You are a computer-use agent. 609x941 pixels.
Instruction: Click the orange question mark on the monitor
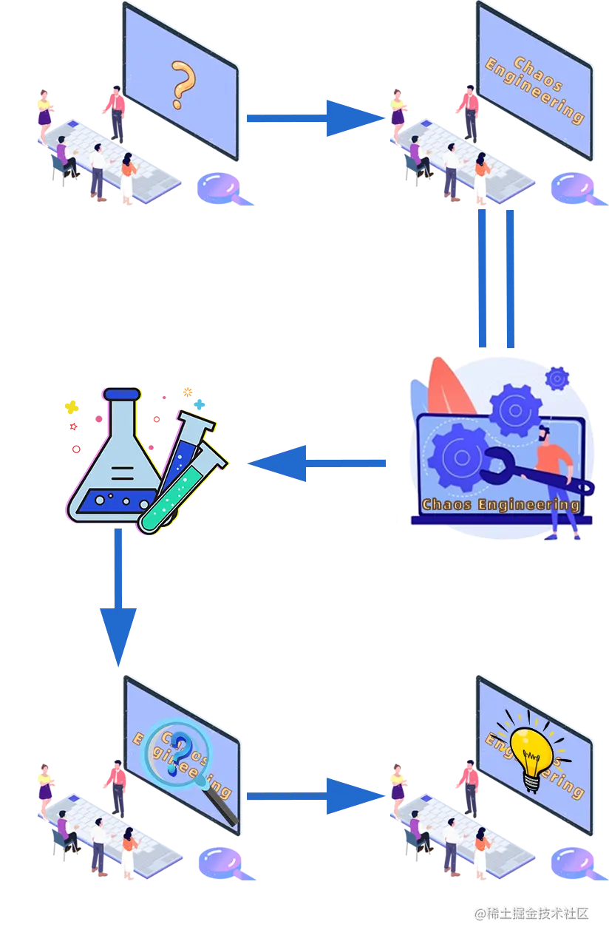[x=180, y=85]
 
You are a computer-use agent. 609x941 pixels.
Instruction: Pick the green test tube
[x=181, y=492]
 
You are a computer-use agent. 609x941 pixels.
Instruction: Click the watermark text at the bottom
[x=531, y=914]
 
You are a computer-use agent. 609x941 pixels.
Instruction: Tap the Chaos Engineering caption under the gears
[x=500, y=505]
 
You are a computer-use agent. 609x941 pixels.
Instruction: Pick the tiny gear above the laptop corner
[x=557, y=378]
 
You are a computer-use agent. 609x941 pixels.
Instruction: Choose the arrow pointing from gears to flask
[x=318, y=463]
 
